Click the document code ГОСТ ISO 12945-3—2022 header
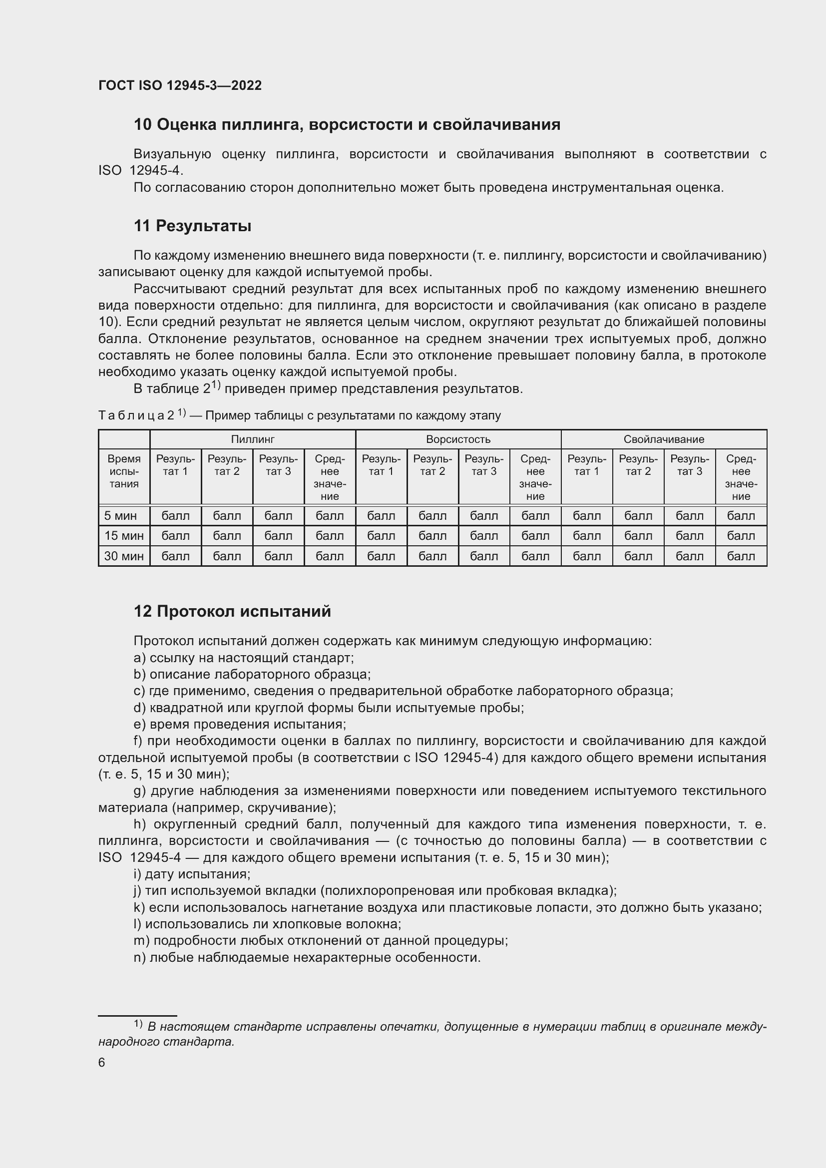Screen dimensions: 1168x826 click(x=180, y=85)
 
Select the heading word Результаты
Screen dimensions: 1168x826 click(x=203, y=226)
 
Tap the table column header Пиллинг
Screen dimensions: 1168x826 click(x=252, y=439)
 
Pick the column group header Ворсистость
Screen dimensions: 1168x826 click(x=458, y=439)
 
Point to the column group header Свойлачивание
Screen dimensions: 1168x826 click(x=663, y=439)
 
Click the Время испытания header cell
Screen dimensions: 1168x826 click(x=124, y=471)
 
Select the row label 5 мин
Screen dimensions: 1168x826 click(x=120, y=516)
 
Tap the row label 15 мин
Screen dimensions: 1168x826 click(x=124, y=536)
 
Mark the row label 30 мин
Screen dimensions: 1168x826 click(x=124, y=556)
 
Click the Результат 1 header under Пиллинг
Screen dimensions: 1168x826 click(x=175, y=465)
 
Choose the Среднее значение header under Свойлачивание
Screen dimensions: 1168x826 click(x=741, y=477)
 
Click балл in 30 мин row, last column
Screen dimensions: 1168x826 click(x=741, y=556)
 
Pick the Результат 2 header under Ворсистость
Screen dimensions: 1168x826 click(x=432, y=465)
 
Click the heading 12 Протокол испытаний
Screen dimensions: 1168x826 click(x=232, y=611)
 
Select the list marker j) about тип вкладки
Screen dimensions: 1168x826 click(x=138, y=890)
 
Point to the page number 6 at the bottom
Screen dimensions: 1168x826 click(x=102, y=1063)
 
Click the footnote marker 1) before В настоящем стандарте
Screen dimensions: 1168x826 click(x=138, y=1023)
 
